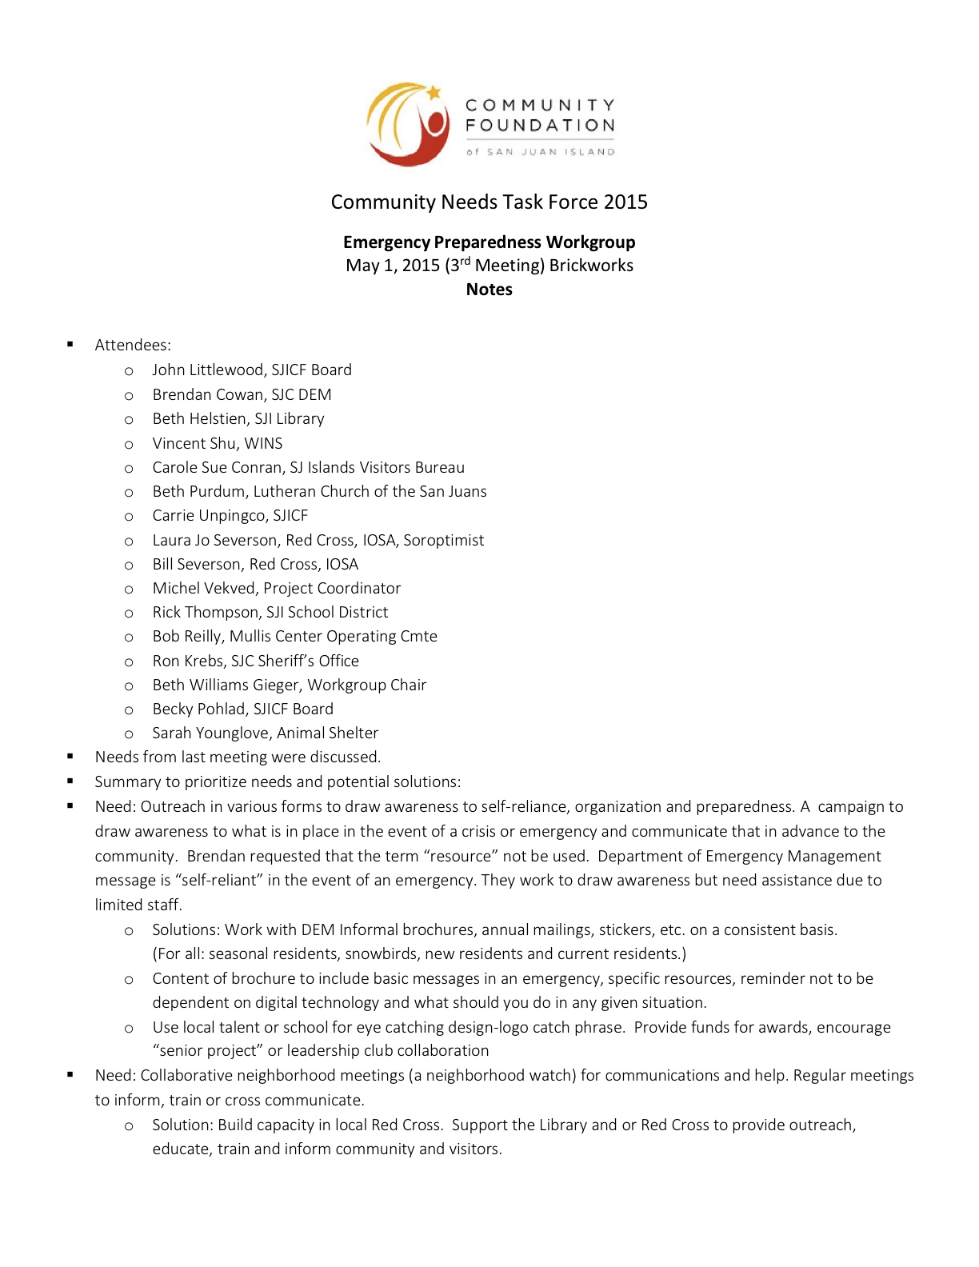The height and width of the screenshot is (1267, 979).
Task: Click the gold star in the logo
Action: (434, 93)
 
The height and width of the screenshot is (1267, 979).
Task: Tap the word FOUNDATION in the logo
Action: (540, 126)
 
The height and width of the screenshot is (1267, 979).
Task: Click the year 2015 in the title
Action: (625, 202)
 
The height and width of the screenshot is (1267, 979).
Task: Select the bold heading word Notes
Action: (489, 290)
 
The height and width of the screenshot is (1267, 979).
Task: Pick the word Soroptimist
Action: (444, 540)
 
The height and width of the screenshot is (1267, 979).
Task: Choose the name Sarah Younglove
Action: (199, 733)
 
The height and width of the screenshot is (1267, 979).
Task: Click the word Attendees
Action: (133, 345)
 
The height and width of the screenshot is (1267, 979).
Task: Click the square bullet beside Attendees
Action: (70, 345)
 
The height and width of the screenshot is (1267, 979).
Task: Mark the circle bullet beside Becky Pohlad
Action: (129, 709)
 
